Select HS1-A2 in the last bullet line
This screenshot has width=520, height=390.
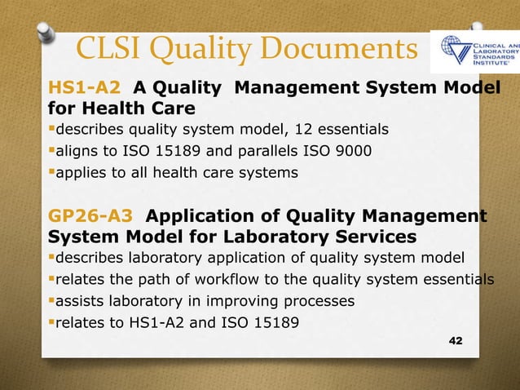pyautogui.click(x=162, y=322)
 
